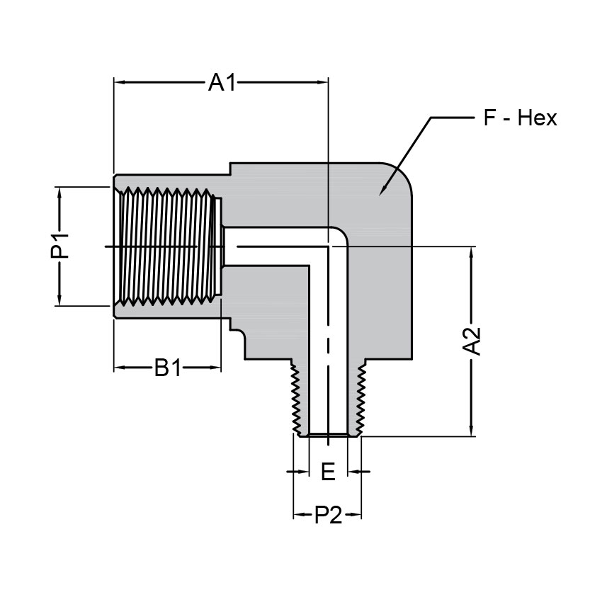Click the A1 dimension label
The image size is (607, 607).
click(x=221, y=83)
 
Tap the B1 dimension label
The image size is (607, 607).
click(x=168, y=368)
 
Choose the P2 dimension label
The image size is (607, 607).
click(x=327, y=515)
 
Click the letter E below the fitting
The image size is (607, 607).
click(x=327, y=472)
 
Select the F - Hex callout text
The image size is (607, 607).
click(x=520, y=118)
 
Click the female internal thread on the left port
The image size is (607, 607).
click(x=166, y=246)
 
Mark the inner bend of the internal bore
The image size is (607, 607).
click(x=339, y=237)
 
